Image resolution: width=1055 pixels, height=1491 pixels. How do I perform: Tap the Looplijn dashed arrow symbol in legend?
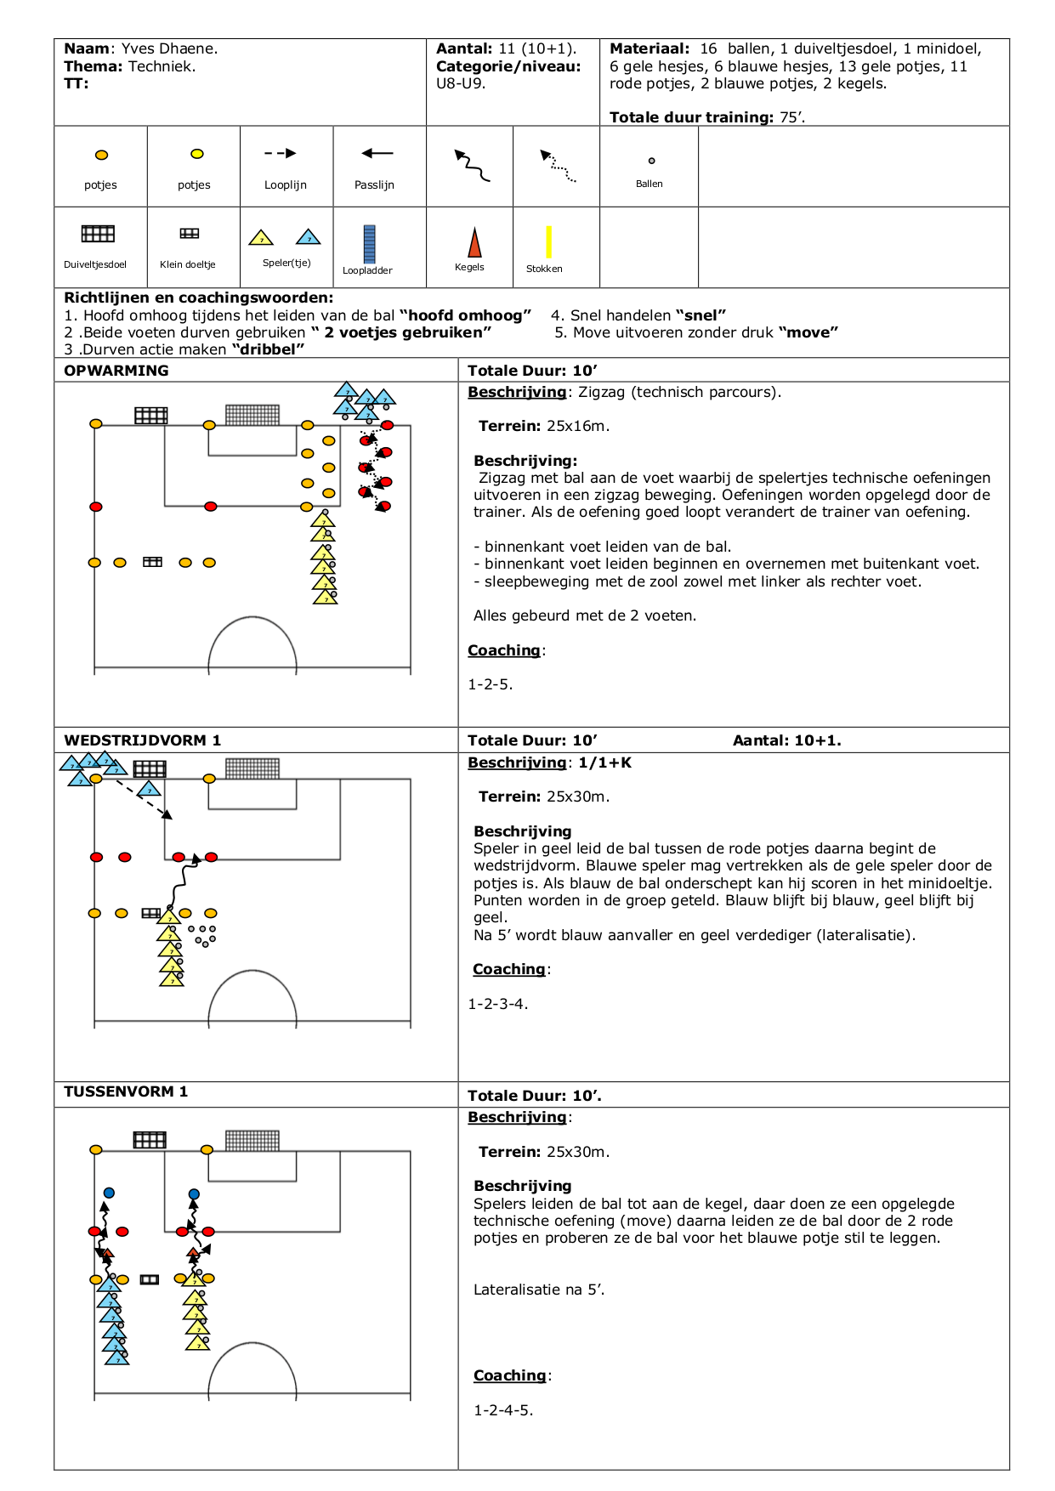281,154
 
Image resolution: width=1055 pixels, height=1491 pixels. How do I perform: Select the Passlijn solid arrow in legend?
377,154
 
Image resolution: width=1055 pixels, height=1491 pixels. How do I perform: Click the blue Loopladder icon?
369,244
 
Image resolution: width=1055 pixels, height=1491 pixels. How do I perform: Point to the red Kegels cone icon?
474,242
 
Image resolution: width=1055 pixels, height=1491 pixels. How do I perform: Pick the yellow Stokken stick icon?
549,241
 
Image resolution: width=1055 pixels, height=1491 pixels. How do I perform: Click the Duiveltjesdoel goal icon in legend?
98,234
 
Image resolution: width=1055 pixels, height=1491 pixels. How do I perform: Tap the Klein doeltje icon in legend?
190,233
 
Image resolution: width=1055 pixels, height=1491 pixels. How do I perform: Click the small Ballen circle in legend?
652,161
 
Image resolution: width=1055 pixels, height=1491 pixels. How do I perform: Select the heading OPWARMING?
116,371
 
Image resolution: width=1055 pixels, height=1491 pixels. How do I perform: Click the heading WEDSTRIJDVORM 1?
142,740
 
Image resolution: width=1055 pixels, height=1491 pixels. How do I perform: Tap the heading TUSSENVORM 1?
126,1091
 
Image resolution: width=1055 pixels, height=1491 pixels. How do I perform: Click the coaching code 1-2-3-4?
497,1004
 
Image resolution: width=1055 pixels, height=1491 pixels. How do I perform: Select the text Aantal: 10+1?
786,740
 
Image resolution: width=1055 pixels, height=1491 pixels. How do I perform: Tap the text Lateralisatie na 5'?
539,1290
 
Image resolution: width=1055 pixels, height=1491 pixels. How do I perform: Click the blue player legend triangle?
309,237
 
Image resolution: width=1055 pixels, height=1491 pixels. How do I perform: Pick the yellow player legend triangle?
261,238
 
